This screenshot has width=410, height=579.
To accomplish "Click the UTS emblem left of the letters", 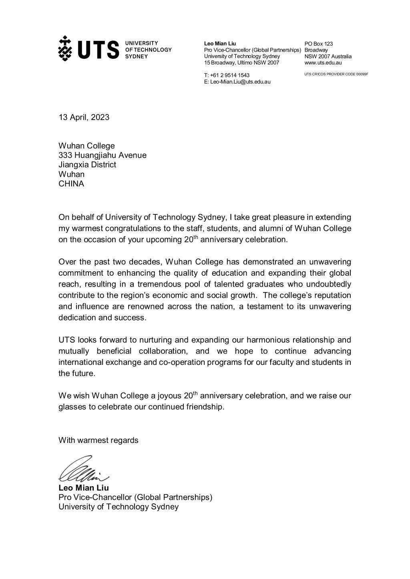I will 65,48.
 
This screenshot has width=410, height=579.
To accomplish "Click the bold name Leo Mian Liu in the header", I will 220,44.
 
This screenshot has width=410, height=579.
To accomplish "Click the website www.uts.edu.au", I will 323,62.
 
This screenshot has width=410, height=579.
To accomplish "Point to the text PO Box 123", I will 318,44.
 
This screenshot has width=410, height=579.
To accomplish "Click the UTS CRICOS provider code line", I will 336,74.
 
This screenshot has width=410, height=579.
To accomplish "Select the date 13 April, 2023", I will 84,117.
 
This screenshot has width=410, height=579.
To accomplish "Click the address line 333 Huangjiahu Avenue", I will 102,155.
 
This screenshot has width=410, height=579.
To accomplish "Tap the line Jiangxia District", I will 87,164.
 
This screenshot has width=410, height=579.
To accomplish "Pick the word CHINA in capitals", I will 71,184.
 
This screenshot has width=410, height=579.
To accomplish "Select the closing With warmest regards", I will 98,440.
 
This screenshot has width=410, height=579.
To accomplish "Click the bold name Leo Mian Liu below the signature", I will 83,488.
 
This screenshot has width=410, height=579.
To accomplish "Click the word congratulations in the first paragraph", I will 149,228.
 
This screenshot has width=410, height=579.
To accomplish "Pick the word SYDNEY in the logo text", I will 137,56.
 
